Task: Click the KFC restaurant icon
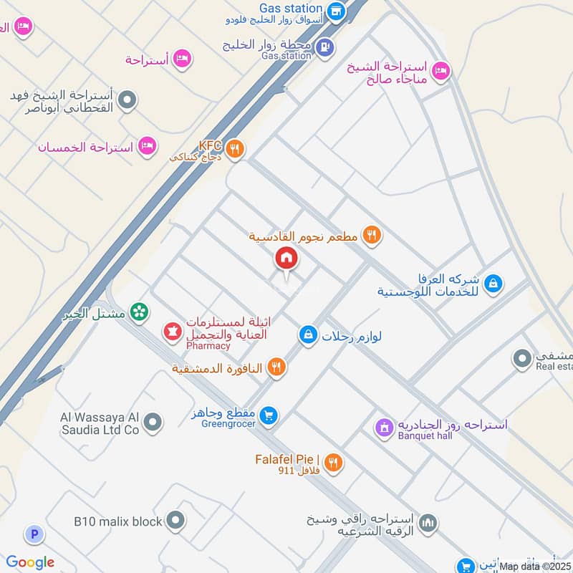point(234,150)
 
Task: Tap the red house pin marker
point(286,257)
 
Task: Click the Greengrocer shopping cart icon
point(269,415)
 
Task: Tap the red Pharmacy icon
point(172,332)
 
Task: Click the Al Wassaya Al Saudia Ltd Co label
point(99,423)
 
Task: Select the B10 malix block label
point(118,521)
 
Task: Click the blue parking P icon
point(33,534)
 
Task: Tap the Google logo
point(30,562)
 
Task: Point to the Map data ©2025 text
point(535,567)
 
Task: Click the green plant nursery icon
point(140,312)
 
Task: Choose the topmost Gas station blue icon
point(336,11)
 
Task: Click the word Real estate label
point(554,366)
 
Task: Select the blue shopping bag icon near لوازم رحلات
point(308,334)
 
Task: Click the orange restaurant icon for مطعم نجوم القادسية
point(370,233)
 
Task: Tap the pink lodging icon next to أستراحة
point(183,59)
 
